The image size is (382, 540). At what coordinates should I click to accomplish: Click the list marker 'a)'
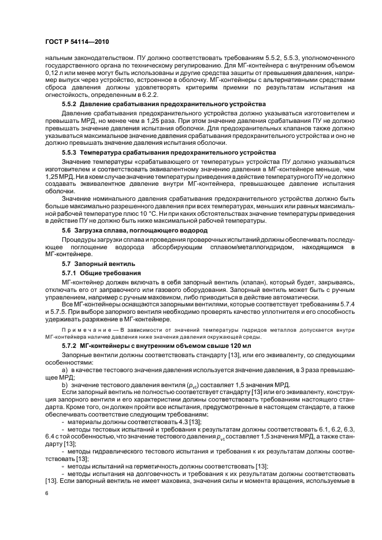click(x=64, y=367)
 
